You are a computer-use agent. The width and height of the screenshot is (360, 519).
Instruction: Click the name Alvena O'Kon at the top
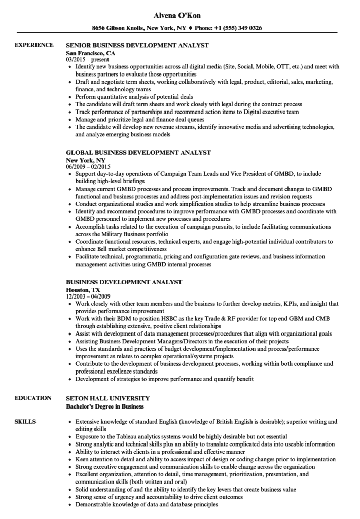pyautogui.click(x=179, y=16)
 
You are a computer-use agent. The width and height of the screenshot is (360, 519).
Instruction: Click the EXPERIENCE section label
pyautogui.click(x=34, y=45)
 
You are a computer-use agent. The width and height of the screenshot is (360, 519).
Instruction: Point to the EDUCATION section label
pyautogui.click(x=33, y=399)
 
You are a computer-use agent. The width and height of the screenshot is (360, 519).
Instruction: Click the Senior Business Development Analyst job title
pyautogui.click(x=137, y=45)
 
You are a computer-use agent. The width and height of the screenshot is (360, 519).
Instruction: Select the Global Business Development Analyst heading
pyautogui.click(x=138, y=152)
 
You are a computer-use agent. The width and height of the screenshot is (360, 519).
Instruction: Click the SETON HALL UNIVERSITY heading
pyautogui.click(x=107, y=399)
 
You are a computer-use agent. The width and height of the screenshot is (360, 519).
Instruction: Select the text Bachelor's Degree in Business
pyautogui.click(x=105, y=406)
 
